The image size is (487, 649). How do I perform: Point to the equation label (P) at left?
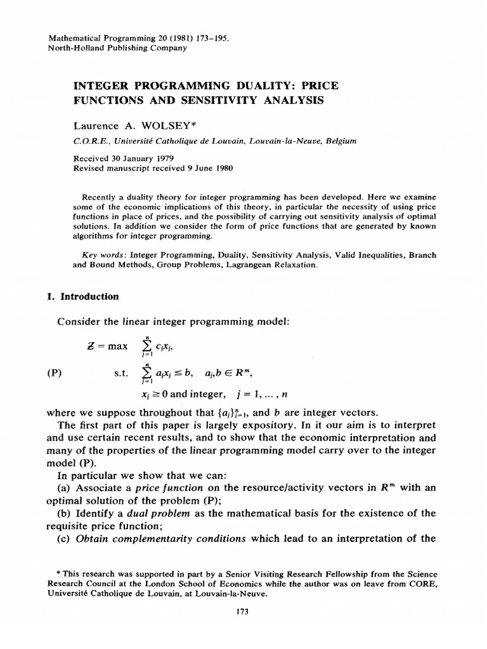(x=55, y=373)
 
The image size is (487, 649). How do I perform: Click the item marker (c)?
(x=64, y=539)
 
